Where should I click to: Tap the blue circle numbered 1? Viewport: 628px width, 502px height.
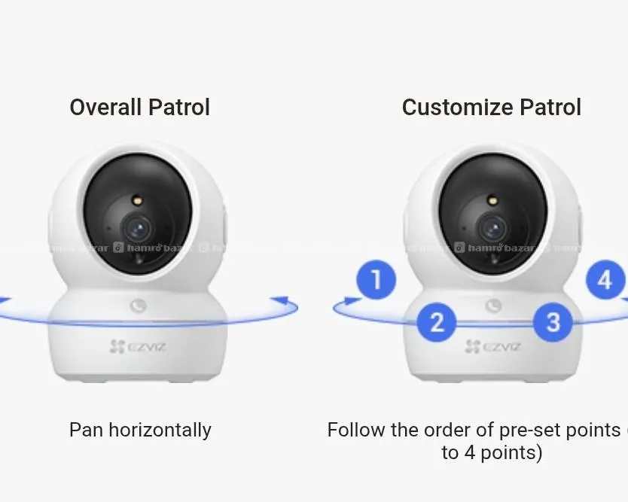[x=376, y=280]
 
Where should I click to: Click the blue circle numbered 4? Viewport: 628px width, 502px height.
[x=605, y=280]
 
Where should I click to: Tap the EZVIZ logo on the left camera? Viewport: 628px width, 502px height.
[x=138, y=346]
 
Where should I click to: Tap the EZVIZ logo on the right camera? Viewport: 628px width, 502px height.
[x=493, y=346]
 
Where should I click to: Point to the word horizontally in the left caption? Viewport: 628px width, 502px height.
[x=160, y=430]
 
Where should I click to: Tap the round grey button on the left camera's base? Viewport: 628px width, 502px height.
[x=138, y=306]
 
